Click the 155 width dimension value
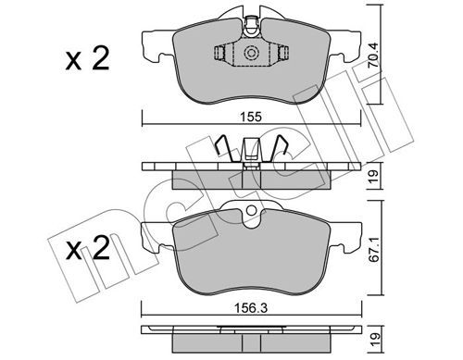pos(252,118)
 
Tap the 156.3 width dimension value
pos(251,308)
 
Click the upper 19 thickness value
pos(374,176)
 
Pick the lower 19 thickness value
pos(374,340)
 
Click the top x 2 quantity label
pos(88,58)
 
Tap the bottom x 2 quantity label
pos(88,247)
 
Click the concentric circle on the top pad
pos(251,54)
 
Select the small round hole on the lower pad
pos(252,211)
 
